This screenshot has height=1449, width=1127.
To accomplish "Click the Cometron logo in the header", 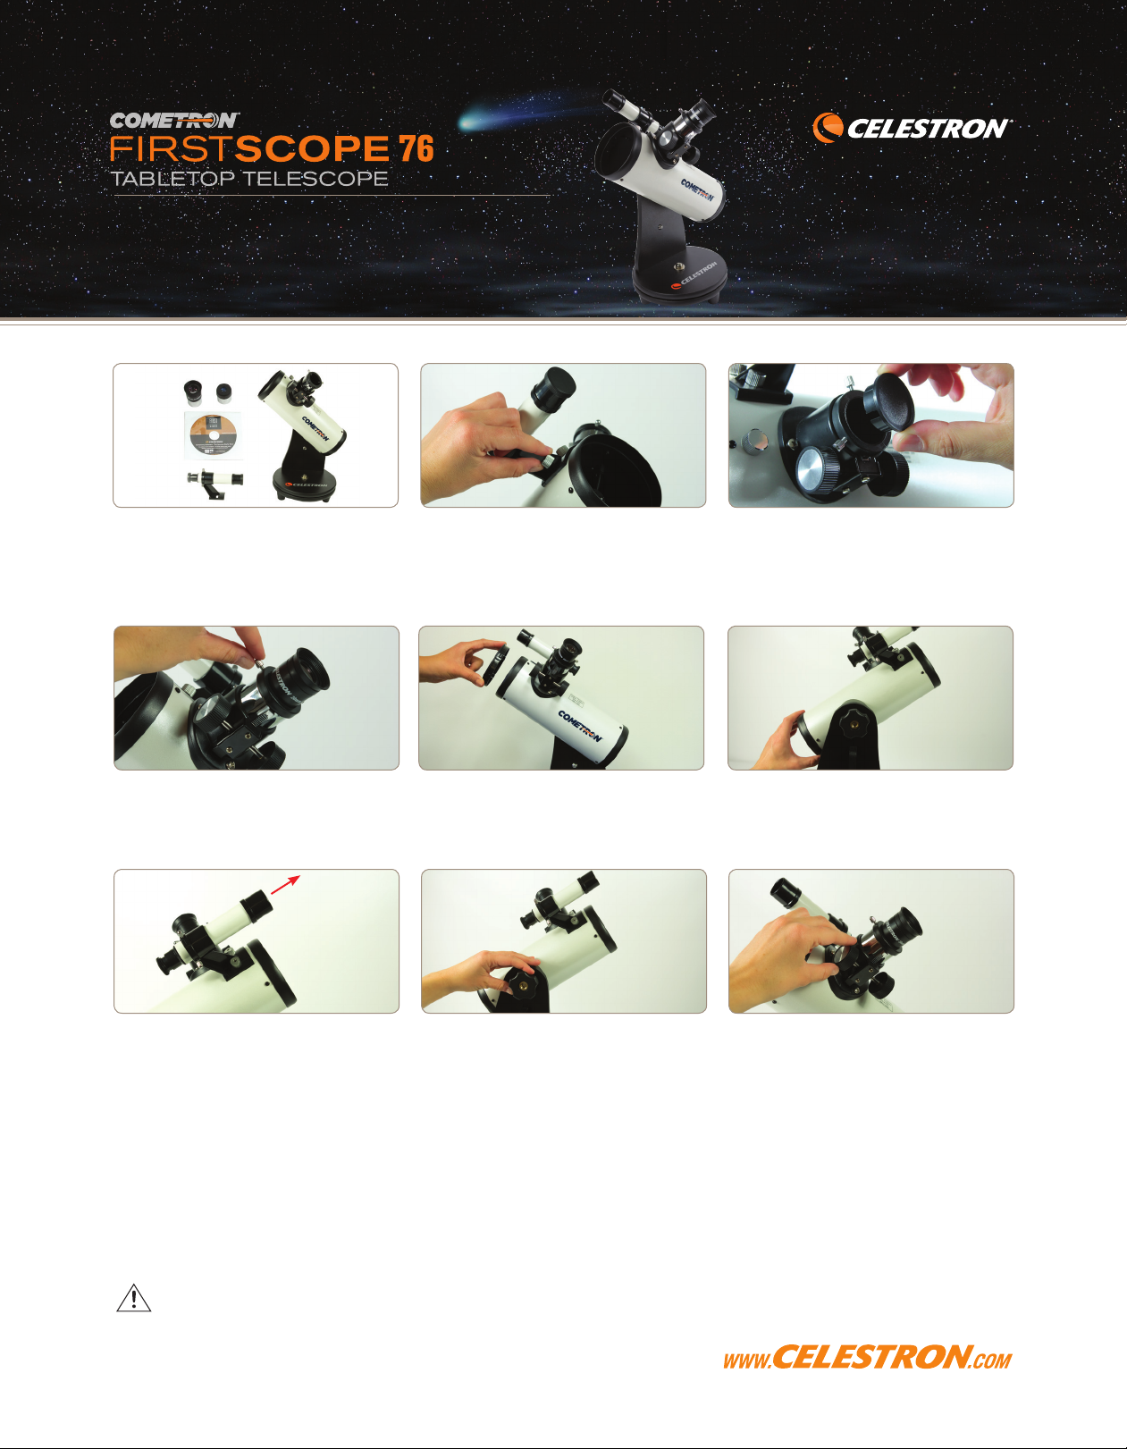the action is tap(174, 121).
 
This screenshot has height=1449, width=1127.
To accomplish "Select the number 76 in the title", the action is tap(416, 148).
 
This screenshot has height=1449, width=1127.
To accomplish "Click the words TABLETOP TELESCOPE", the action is tap(249, 179).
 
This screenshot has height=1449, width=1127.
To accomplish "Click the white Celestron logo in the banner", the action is tap(912, 127).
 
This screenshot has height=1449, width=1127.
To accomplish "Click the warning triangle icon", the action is tap(134, 1298).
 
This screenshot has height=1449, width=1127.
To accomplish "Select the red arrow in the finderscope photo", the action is tap(285, 884).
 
